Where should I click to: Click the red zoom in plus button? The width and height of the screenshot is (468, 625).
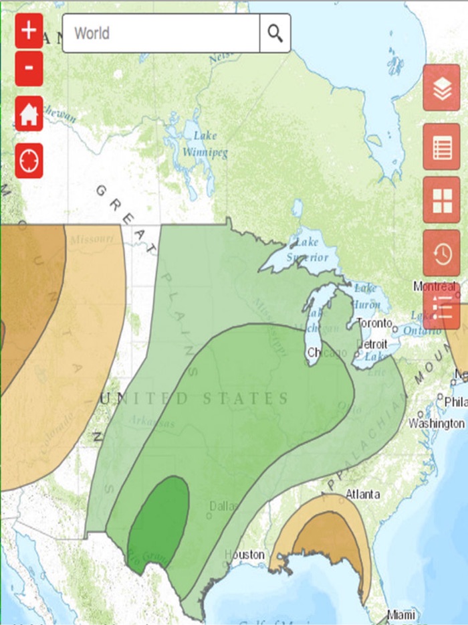coord(29,31)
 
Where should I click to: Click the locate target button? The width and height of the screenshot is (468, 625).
coord(29,161)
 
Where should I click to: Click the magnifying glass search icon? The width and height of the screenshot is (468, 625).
coord(275,33)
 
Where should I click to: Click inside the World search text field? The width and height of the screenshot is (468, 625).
coord(160,33)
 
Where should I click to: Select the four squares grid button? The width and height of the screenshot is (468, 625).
coord(441,200)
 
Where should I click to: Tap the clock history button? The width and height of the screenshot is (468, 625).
coord(441,253)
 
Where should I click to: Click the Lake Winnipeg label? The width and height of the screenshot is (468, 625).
coord(205,144)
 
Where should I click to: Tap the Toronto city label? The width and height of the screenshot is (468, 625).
coord(374,323)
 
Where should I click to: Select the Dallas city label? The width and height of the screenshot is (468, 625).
coord(223,507)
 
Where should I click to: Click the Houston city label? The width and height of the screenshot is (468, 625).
coord(244,555)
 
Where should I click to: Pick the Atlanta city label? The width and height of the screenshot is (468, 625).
coord(362,495)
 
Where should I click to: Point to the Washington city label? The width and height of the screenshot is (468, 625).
coord(436,424)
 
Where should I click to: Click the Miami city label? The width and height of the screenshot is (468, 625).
coord(401,614)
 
